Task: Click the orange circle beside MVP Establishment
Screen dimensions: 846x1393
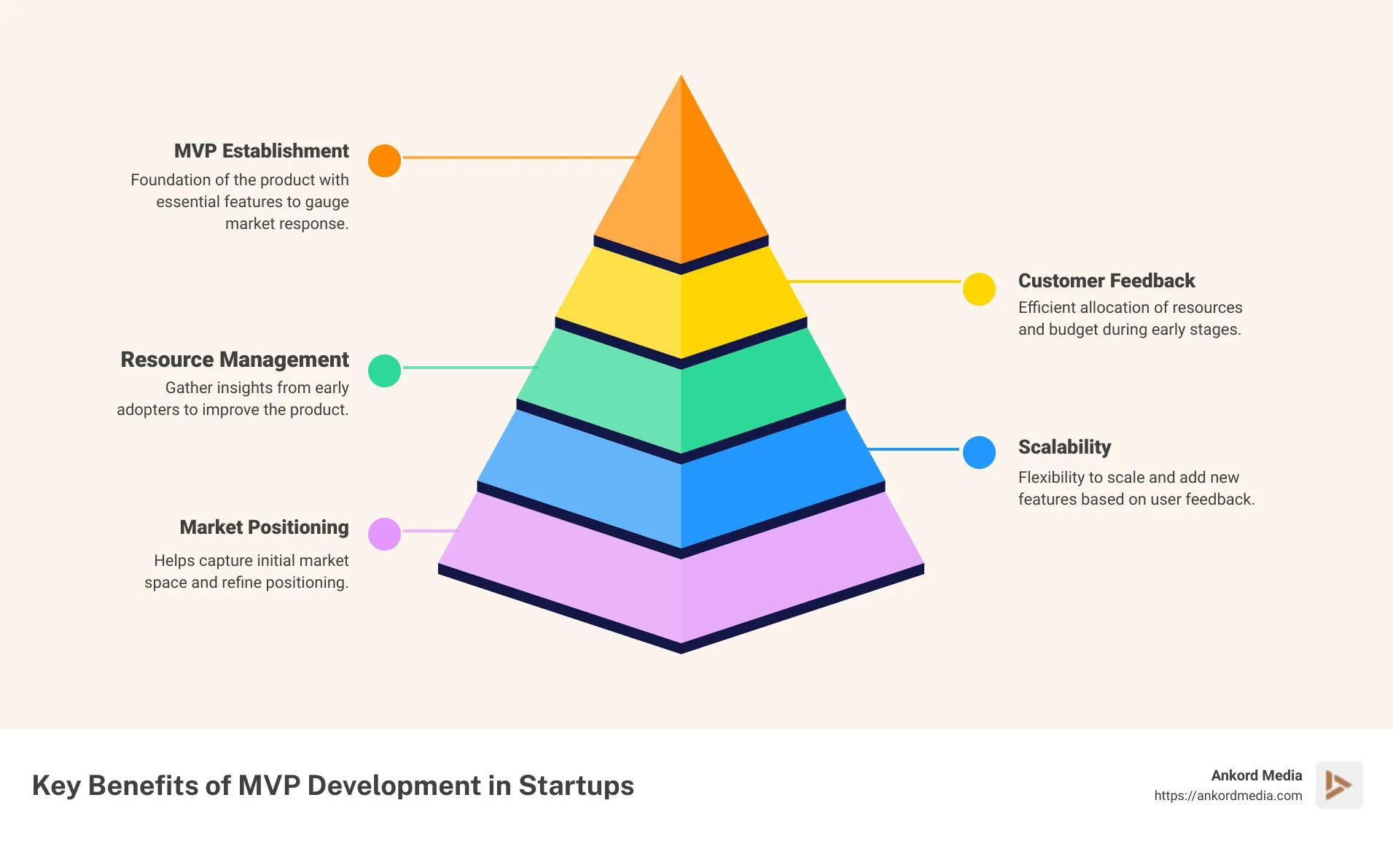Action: (384, 160)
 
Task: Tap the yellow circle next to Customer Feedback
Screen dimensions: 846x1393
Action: (979, 289)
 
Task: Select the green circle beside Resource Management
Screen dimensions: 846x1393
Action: (384, 370)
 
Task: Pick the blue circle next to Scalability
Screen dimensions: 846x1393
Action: (979, 452)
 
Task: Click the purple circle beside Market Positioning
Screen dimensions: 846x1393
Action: (384, 534)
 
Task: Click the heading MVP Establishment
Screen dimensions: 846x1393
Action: (261, 151)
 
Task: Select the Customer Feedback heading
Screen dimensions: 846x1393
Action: (1106, 281)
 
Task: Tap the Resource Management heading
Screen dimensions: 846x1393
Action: (234, 360)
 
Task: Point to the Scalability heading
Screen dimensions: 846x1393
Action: (1064, 447)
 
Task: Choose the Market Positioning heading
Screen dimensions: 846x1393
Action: (264, 527)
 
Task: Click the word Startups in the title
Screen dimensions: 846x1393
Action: (576, 785)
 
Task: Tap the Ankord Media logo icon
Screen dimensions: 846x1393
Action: (1338, 785)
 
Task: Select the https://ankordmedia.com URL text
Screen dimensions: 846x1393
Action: (1228, 796)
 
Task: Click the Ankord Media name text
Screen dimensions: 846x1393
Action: (1256, 775)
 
